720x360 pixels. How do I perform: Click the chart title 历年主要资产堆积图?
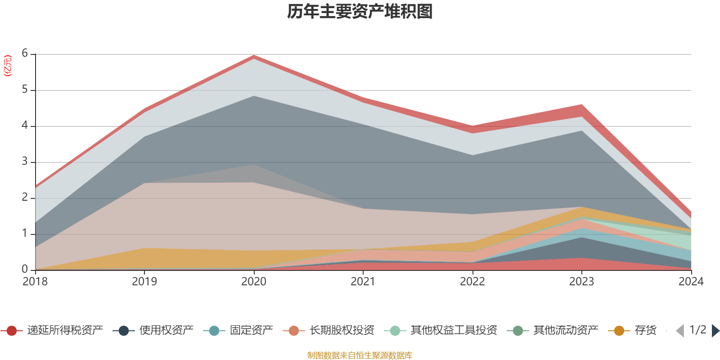360,12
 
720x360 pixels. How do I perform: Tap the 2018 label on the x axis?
35,281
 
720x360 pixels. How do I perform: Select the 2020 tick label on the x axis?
254,281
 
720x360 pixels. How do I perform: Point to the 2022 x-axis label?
472,281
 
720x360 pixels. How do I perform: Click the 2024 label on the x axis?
691,281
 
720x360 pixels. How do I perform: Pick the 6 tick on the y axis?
25,54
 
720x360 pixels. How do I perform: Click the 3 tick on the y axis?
25,162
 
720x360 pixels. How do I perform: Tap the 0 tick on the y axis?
25,269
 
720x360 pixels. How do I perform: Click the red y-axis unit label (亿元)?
8,66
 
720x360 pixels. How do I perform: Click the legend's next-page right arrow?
715,331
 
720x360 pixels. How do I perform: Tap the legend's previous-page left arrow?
680,331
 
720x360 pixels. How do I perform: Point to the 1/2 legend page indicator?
697,330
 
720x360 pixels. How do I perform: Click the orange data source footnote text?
360,355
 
